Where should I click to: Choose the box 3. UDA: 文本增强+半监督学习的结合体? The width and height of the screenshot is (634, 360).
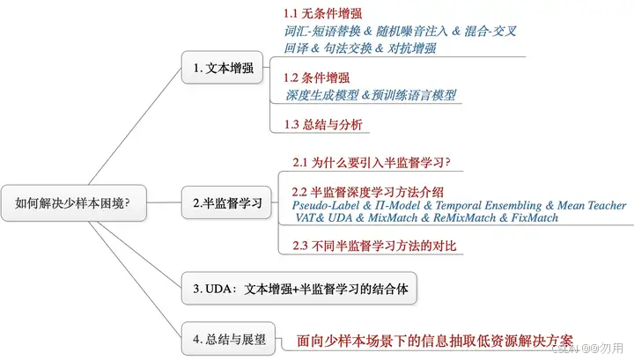(298, 288)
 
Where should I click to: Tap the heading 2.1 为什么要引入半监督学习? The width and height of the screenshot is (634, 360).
(371, 163)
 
